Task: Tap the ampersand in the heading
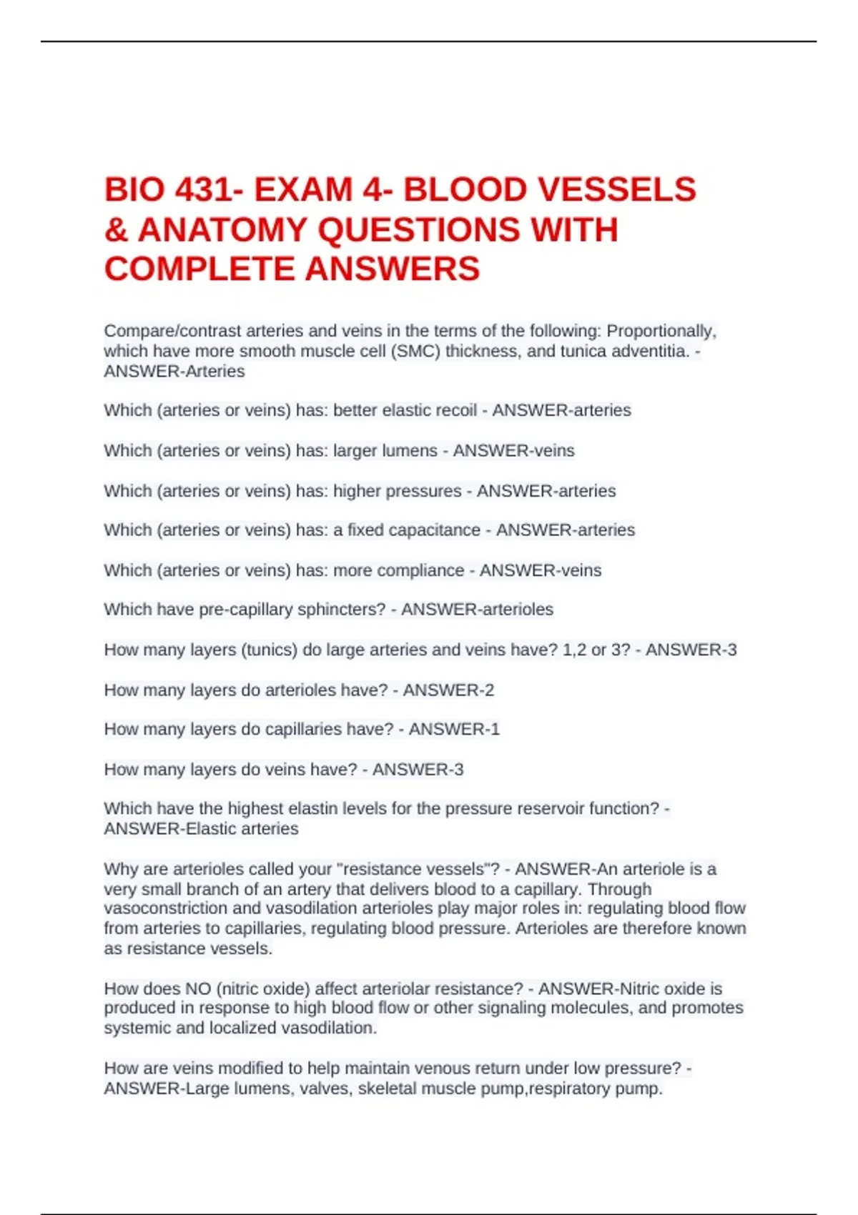(116, 230)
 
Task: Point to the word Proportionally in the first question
(661, 331)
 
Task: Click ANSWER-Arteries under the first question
(174, 371)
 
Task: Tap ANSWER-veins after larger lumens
(513, 450)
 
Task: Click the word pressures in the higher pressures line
(428, 491)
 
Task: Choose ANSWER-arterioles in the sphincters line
(477, 609)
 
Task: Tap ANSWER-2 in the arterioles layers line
(448, 690)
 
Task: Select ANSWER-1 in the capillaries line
(454, 729)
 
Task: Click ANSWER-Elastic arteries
(201, 828)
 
